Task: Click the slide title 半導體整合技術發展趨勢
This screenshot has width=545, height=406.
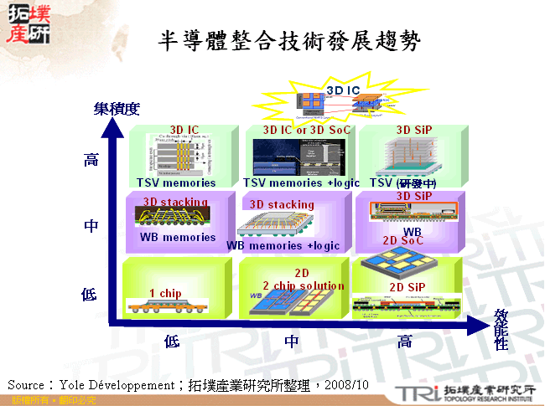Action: pos(288,39)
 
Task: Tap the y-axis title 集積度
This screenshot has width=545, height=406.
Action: pos(116,109)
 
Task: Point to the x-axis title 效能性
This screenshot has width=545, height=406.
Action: pos(501,329)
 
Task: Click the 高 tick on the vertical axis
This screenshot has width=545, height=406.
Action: pos(91,159)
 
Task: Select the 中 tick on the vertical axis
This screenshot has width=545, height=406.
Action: pos(91,226)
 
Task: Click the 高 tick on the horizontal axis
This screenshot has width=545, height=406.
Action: pos(404,341)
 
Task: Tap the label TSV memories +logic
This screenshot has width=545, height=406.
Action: pos(301,183)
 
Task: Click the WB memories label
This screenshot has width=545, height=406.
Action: pos(178,237)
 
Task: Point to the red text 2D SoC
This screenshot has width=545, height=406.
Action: pos(402,240)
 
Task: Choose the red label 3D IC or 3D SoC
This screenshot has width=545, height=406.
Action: pos(307,131)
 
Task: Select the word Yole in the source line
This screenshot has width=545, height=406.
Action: pos(75,384)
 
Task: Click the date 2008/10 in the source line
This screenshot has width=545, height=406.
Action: pos(345,384)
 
